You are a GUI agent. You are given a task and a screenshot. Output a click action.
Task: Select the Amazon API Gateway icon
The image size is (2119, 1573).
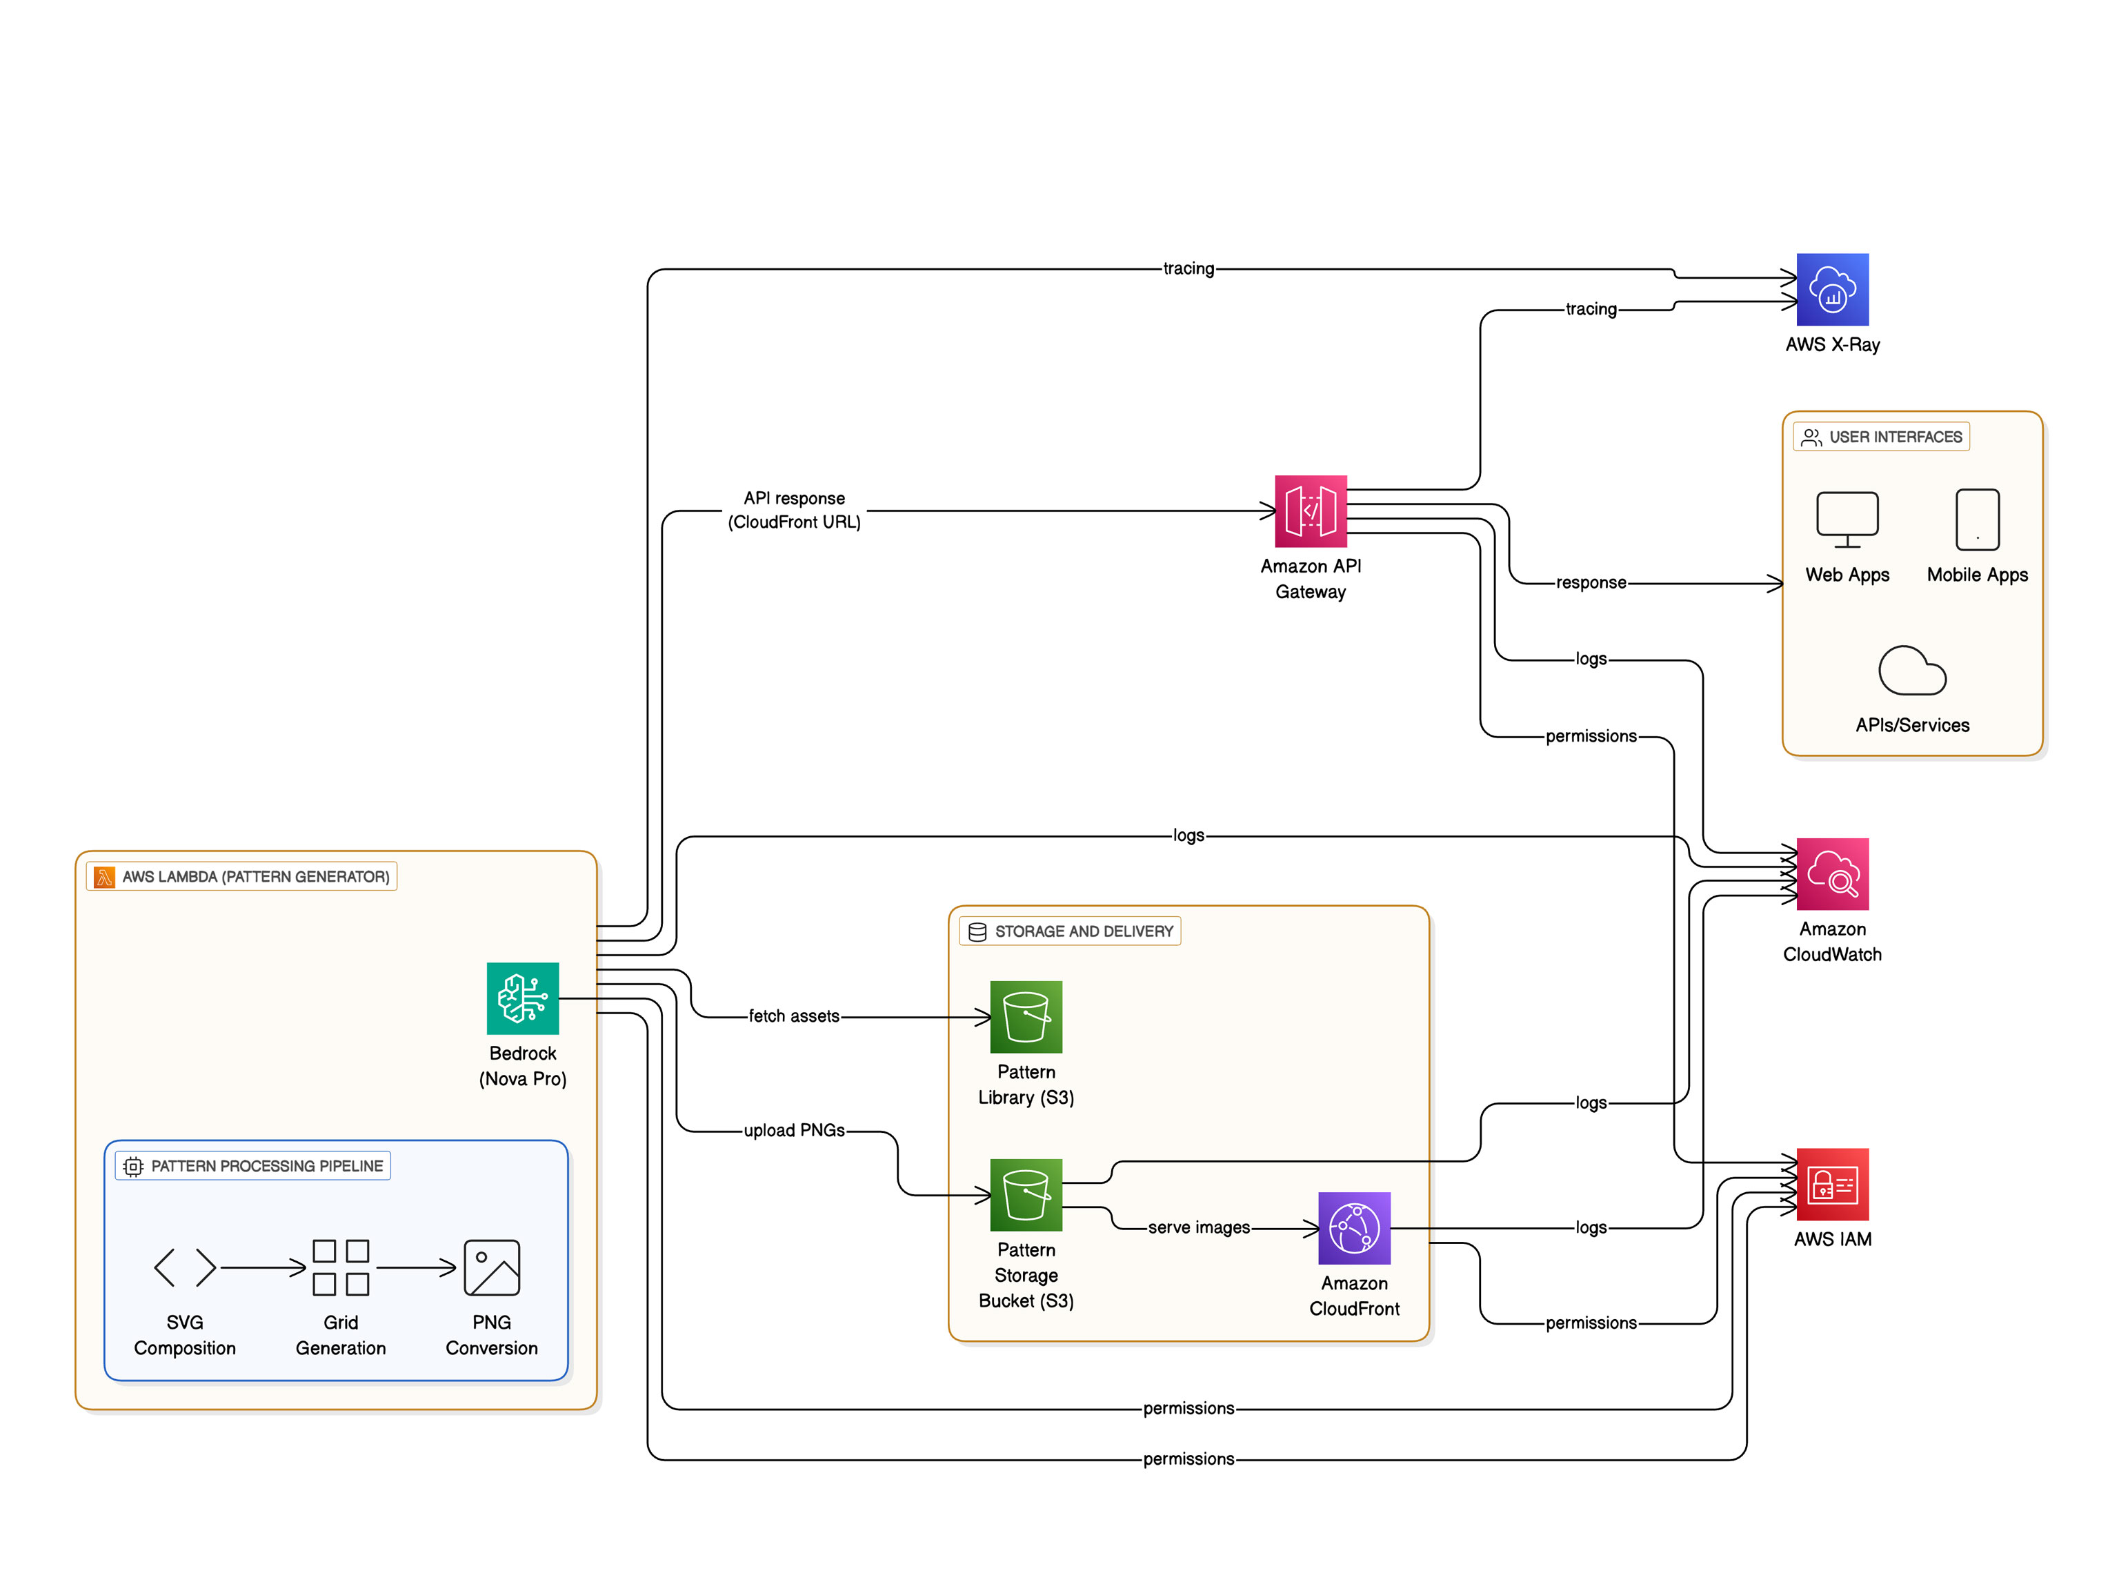tap(1310, 511)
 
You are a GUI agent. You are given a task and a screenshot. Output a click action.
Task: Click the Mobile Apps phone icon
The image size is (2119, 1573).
tap(1977, 520)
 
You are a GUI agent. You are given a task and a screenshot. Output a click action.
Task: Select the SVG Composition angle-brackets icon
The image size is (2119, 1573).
tap(185, 1267)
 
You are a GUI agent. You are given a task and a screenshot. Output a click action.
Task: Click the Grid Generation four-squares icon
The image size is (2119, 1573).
tap(341, 1267)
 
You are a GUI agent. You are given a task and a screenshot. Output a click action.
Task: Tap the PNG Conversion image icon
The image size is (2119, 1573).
tap(491, 1267)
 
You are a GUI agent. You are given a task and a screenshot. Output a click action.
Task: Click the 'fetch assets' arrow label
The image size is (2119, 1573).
tap(794, 1016)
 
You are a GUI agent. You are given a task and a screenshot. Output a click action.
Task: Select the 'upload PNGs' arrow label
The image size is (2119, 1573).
tap(794, 1130)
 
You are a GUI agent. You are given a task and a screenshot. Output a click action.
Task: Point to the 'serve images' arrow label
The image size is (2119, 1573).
tap(1198, 1227)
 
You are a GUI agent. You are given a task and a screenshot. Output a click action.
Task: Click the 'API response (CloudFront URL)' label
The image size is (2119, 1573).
tap(794, 511)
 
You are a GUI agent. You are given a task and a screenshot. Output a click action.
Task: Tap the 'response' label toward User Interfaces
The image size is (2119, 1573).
tap(1591, 583)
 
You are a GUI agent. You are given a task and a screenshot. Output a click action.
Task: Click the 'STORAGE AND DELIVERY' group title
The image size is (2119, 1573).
tap(1084, 931)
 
